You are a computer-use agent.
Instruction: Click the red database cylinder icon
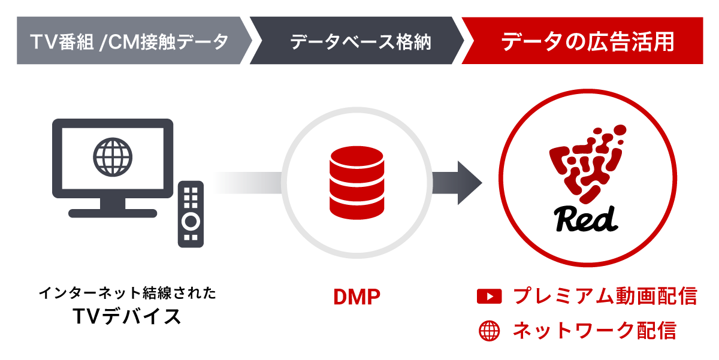(356, 182)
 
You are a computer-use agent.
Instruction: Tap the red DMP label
(357, 298)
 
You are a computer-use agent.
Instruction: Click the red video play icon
(489, 297)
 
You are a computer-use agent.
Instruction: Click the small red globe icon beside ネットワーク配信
(489, 331)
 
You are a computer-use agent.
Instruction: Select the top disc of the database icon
(356, 157)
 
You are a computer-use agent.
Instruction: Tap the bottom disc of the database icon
(356, 207)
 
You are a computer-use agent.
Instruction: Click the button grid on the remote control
(191, 197)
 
